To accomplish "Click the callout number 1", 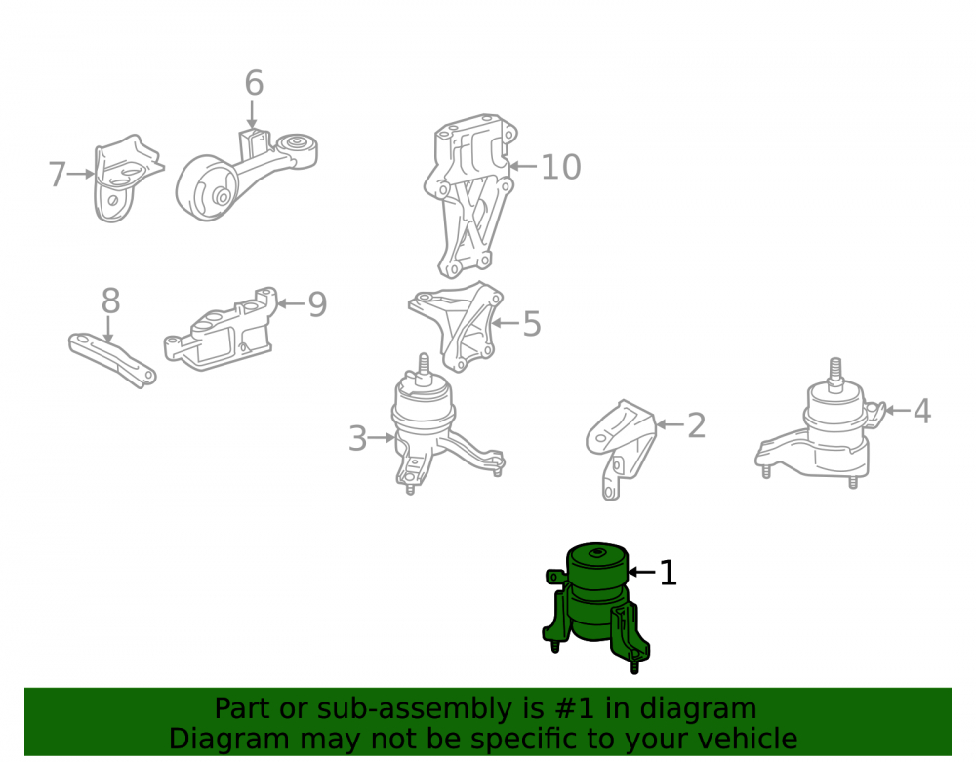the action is tap(668, 573).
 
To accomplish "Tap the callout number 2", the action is tap(697, 425).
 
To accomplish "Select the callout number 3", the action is tap(357, 438).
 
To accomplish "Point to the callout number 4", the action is tap(922, 411).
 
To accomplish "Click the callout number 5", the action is tap(532, 324).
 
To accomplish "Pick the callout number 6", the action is tap(254, 83).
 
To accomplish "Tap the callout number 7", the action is tap(58, 175).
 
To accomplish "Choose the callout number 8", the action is tap(110, 301).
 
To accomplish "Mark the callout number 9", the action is tap(317, 304).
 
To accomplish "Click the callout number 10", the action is tap(561, 167).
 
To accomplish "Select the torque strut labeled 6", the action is tap(247, 175).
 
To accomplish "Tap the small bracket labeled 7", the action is tap(126, 179).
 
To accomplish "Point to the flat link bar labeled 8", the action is tap(112, 360).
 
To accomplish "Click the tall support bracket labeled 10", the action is tap(470, 195).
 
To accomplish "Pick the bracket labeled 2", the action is tap(621, 449).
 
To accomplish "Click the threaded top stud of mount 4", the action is tap(836, 372).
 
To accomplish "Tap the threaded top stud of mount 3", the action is tap(424, 367).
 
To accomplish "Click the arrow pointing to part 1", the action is tap(642, 571).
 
